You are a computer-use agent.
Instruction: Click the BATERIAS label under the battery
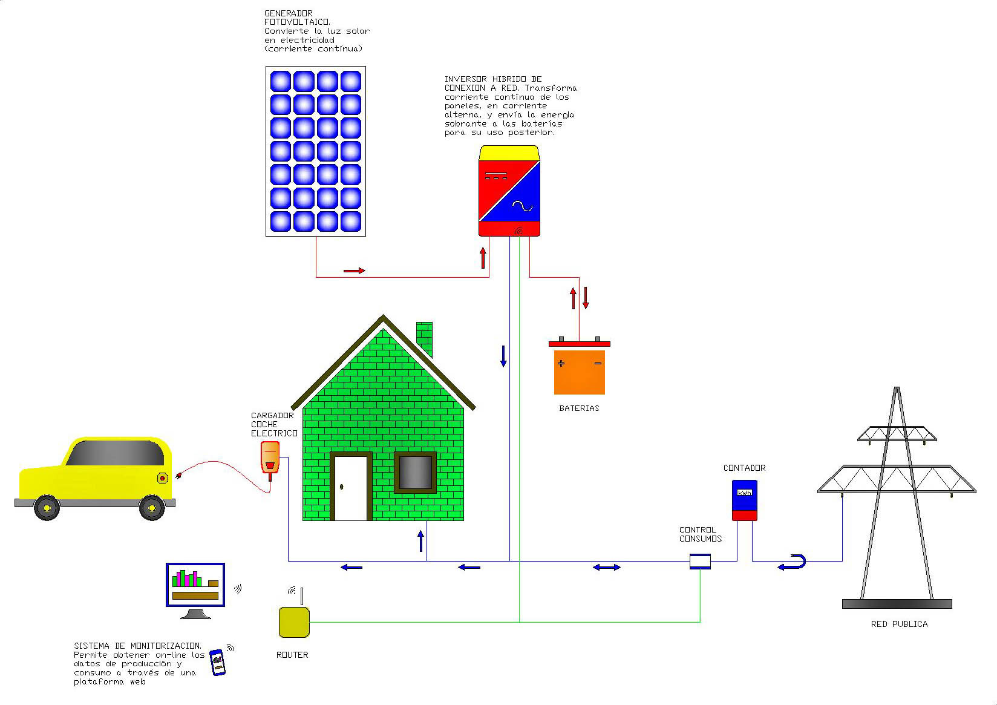pyautogui.click(x=579, y=408)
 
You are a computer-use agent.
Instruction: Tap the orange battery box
pyautogui.click(x=579, y=372)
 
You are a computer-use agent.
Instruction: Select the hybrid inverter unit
pyautogui.click(x=509, y=191)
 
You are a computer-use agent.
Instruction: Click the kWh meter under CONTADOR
pyautogui.click(x=744, y=500)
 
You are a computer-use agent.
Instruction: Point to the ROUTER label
pyautogui.click(x=292, y=655)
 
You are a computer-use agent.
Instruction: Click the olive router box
pyautogui.click(x=294, y=623)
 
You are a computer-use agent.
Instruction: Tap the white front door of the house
pyautogui.click(x=351, y=488)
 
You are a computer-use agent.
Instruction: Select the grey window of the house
pyautogui.click(x=415, y=472)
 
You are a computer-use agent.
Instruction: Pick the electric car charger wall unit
pyautogui.click(x=270, y=457)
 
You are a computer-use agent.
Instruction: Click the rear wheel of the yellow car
pyautogui.click(x=152, y=508)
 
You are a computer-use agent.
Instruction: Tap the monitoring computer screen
pyautogui.click(x=195, y=585)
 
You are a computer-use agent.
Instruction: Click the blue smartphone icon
pyautogui.click(x=217, y=662)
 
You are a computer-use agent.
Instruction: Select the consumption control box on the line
pyautogui.click(x=700, y=562)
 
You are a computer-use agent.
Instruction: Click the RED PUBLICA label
pyautogui.click(x=899, y=624)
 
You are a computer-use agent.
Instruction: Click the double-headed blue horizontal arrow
pyautogui.click(x=606, y=568)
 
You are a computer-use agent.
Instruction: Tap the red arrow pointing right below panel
pyautogui.click(x=354, y=271)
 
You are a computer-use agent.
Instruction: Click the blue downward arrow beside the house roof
pyautogui.click(x=503, y=356)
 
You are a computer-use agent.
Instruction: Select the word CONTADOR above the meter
pyautogui.click(x=744, y=468)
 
